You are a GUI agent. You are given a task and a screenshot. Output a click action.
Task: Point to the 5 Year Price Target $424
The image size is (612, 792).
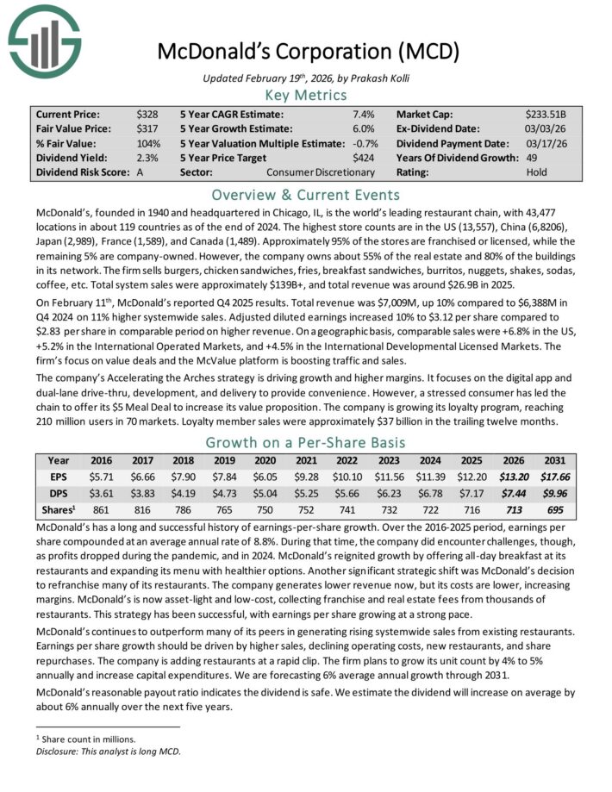365,157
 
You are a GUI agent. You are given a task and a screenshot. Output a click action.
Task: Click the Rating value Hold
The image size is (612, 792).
536,171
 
